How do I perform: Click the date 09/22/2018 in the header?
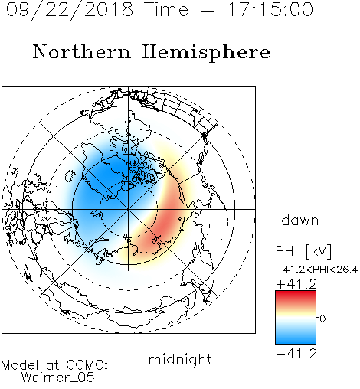[x=70, y=10]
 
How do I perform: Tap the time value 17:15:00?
[x=270, y=9]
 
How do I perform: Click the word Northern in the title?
[x=82, y=51]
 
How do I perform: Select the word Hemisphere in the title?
[x=206, y=53]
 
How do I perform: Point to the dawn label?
[x=300, y=220]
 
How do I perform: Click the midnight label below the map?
[x=180, y=360]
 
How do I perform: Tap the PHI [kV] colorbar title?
[x=303, y=251]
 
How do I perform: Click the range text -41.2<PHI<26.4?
[x=316, y=270]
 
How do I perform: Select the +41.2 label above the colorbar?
[x=296, y=284]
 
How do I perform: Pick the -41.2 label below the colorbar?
[x=296, y=354]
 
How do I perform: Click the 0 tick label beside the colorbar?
[x=322, y=319]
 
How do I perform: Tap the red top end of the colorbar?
[x=296, y=293]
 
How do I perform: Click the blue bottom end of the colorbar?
[x=296, y=342]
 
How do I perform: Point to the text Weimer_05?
[x=58, y=378]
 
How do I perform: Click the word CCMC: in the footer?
[x=87, y=365]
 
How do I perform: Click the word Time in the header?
[x=166, y=9]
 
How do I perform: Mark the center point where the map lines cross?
[x=129, y=209]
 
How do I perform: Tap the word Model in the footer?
[x=20, y=365]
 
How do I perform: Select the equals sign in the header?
[x=208, y=11]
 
